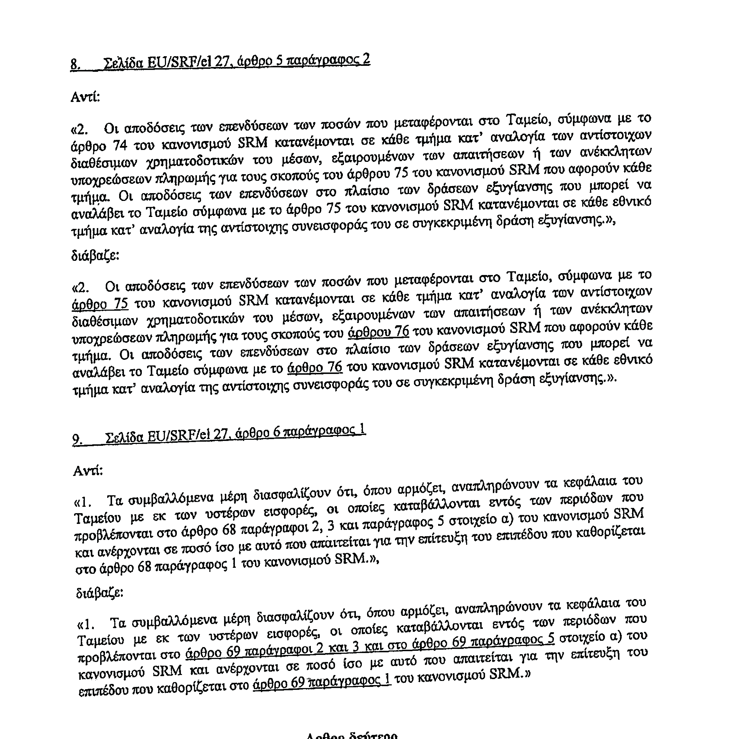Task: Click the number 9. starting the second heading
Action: [x=77, y=440]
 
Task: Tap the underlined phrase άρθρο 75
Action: [x=100, y=304]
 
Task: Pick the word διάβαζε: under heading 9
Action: [x=100, y=592]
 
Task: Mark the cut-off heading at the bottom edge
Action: [x=351, y=735]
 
